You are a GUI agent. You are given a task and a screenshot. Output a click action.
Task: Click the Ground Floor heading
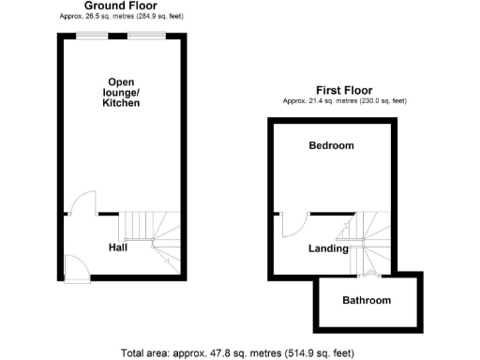(120, 6)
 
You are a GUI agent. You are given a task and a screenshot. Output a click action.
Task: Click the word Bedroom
(332, 146)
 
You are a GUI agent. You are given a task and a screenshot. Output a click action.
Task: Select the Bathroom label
(366, 301)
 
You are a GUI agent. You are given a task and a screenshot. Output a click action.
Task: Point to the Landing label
(329, 248)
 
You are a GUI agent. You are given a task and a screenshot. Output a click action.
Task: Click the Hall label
(117, 247)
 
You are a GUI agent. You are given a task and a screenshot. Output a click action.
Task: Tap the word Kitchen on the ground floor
(121, 103)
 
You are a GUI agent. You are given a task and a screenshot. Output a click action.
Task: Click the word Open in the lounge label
(122, 82)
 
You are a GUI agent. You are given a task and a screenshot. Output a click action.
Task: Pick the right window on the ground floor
(146, 35)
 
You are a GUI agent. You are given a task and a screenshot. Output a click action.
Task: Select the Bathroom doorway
(367, 275)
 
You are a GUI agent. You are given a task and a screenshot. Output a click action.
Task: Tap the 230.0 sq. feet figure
(385, 101)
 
